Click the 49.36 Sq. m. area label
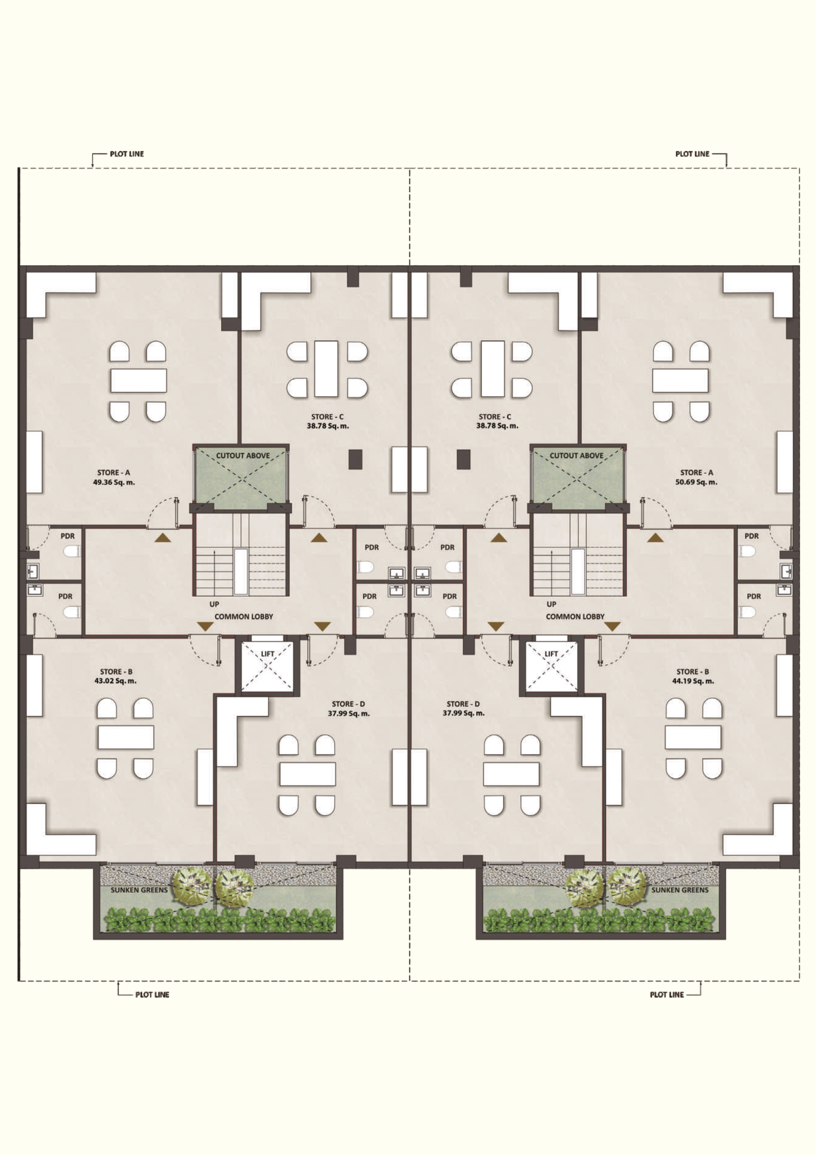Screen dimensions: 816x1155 point(114,482)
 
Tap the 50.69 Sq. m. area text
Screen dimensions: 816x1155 point(696,482)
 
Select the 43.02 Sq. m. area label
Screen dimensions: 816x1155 point(116,681)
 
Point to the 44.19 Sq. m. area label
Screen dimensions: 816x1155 point(693,681)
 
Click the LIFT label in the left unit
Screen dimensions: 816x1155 point(268,653)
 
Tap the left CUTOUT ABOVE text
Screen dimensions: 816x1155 point(243,455)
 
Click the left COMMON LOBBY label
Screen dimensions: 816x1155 point(244,616)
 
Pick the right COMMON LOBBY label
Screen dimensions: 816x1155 point(575,616)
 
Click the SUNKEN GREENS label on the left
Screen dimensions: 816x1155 point(139,890)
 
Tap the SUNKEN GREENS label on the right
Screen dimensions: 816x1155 point(680,890)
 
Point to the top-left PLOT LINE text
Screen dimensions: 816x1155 point(127,154)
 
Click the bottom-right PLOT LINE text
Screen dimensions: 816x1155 point(667,995)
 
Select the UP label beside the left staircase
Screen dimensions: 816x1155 point(214,604)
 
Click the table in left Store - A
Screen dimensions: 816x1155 point(139,380)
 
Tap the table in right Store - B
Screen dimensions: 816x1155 point(693,737)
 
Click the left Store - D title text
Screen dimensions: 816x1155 point(348,704)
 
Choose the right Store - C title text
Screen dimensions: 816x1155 point(495,416)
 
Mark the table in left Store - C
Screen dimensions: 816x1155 point(326,369)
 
